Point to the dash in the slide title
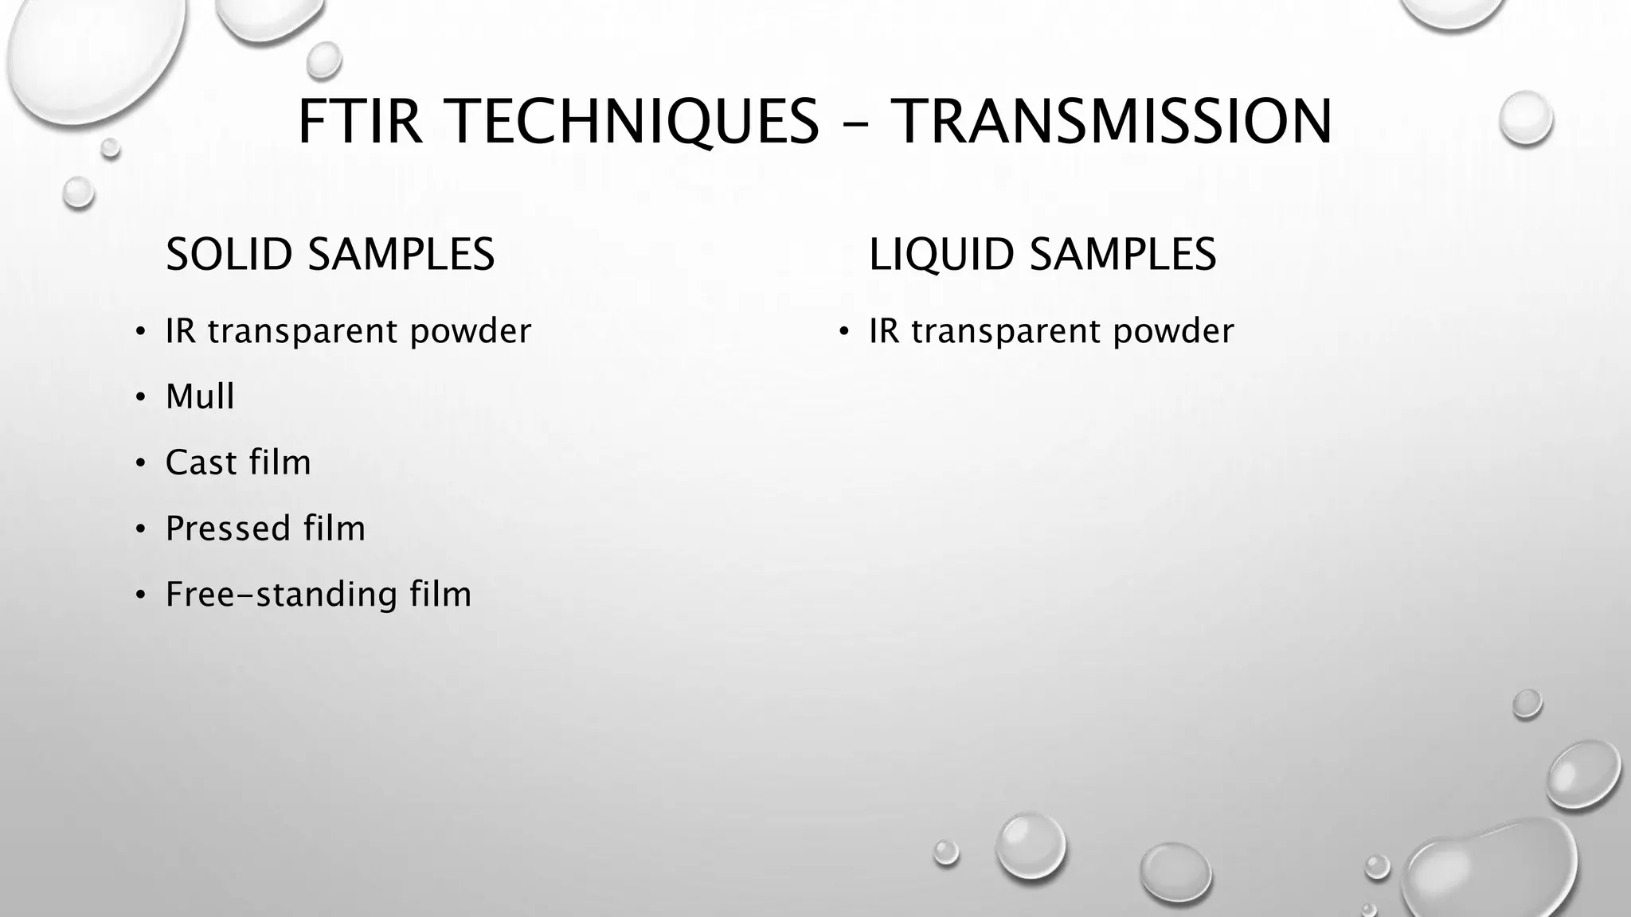point(855,125)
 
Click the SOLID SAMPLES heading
point(330,255)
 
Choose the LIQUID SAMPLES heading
point(1042,255)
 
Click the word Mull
point(200,396)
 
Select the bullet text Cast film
point(238,462)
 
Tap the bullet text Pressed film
point(265,529)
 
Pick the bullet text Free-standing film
point(319,595)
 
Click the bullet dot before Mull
point(140,397)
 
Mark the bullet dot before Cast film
point(140,463)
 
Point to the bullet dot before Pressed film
point(140,529)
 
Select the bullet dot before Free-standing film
point(140,595)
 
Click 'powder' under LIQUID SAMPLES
point(1173,332)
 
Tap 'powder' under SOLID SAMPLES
point(470,332)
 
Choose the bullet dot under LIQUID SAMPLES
point(844,331)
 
